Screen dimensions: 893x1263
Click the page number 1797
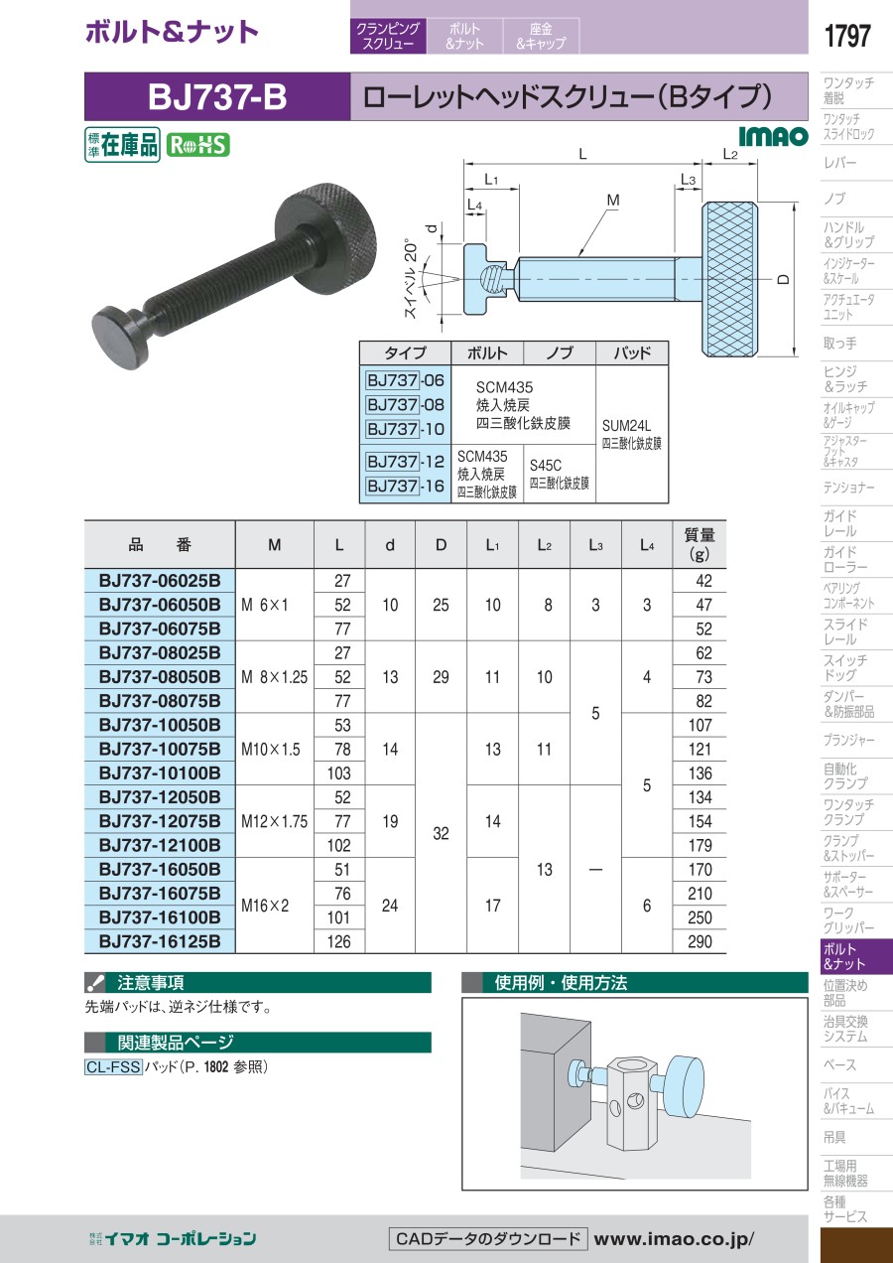(x=847, y=36)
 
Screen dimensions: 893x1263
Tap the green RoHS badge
(x=197, y=145)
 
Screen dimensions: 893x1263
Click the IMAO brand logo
(x=773, y=136)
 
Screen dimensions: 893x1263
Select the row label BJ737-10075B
(x=160, y=749)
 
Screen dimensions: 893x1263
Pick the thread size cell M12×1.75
(x=275, y=821)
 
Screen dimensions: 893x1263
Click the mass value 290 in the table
(x=700, y=941)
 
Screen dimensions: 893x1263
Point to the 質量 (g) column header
(x=700, y=544)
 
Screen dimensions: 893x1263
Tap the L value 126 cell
(x=338, y=941)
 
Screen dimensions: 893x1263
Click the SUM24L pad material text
(x=626, y=425)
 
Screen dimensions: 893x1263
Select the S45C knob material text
(x=546, y=465)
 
